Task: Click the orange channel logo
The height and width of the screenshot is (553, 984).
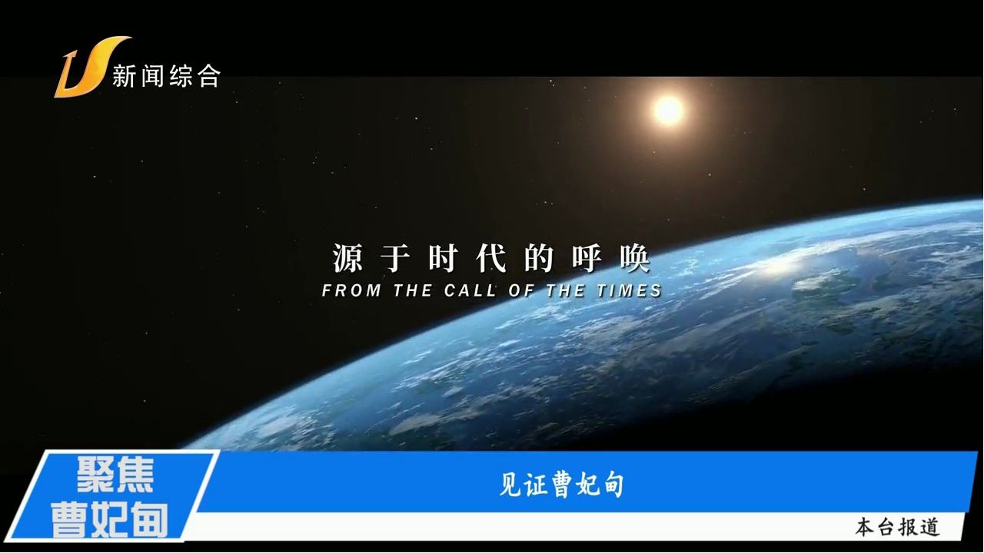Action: (x=90, y=67)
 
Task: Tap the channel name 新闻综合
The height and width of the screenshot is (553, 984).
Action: (x=166, y=76)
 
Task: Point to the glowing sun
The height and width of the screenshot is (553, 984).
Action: (x=668, y=110)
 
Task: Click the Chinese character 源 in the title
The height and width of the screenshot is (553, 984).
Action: (x=348, y=258)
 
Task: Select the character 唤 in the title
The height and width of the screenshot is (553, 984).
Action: (x=635, y=258)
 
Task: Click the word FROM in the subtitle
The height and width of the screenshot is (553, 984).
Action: (x=351, y=290)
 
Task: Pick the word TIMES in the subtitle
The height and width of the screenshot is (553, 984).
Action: (x=629, y=290)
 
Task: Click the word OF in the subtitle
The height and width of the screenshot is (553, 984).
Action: (x=521, y=290)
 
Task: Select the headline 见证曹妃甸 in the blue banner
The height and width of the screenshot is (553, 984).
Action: (x=562, y=485)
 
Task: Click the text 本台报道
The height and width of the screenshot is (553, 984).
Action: (x=897, y=527)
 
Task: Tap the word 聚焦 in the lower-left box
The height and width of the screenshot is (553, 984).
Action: (x=115, y=475)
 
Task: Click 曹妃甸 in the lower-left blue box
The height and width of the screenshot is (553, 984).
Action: (x=109, y=521)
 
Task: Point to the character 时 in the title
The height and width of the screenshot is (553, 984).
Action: (x=444, y=258)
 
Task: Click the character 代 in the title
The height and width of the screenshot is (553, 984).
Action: (x=491, y=258)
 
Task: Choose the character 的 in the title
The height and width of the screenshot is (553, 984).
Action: (x=539, y=258)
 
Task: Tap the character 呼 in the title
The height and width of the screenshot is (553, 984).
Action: (x=587, y=258)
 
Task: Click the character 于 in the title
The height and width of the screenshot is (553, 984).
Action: (x=396, y=258)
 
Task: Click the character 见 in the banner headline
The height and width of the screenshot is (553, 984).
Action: (x=511, y=485)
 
